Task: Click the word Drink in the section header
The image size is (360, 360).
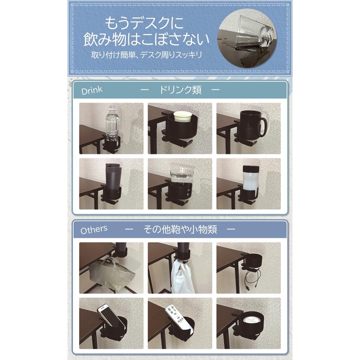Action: click(x=92, y=90)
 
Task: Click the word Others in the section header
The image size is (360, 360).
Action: click(x=94, y=229)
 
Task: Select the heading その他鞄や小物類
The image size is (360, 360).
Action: click(x=180, y=229)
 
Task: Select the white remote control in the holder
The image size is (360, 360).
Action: click(x=173, y=317)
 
